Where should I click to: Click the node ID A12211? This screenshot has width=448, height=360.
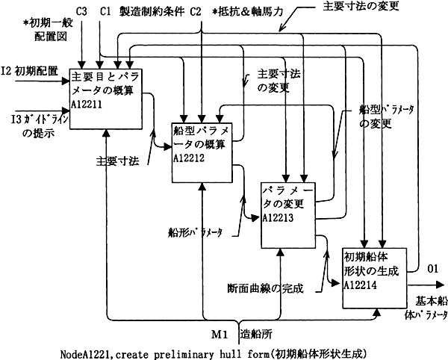click(x=87, y=105)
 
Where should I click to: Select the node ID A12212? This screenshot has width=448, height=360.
click(x=189, y=158)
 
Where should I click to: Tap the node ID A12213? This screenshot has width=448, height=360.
click(x=278, y=218)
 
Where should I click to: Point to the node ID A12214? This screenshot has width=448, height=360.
click(x=360, y=285)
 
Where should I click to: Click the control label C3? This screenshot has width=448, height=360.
click(x=81, y=12)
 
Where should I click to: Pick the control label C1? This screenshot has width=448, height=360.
click(x=105, y=12)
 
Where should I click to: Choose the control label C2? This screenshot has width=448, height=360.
click(x=196, y=12)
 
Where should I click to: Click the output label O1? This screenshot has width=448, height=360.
click(x=432, y=269)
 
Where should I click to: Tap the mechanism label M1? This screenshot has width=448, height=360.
click(x=220, y=335)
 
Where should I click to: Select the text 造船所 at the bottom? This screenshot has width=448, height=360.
click(x=256, y=334)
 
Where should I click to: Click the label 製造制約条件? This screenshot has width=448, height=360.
click(x=152, y=12)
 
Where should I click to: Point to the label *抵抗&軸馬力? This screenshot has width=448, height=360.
click(x=248, y=12)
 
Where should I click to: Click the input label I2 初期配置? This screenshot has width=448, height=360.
click(x=29, y=71)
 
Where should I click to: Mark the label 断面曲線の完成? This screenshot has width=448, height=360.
click(x=265, y=288)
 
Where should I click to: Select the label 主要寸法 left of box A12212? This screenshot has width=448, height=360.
click(x=117, y=162)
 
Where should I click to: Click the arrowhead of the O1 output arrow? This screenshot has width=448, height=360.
click(x=440, y=285)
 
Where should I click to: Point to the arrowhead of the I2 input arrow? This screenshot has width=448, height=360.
click(x=66, y=81)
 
